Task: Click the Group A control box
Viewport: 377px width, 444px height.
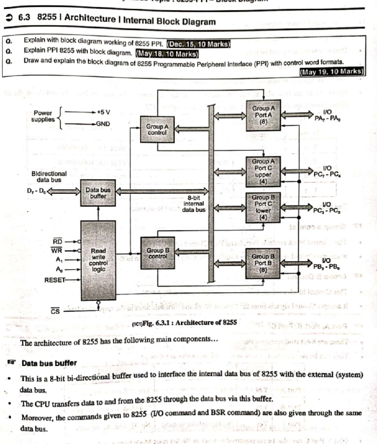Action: [x=157, y=129]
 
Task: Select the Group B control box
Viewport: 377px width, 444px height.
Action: [x=158, y=253]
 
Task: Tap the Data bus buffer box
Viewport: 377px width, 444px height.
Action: [x=98, y=193]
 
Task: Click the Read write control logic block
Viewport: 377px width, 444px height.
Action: [x=98, y=260]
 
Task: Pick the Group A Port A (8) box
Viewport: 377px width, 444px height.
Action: [x=263, y=115]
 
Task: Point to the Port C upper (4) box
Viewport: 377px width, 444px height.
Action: [x=263, y=171]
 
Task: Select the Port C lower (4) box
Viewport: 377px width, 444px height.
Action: [x=263, y=207]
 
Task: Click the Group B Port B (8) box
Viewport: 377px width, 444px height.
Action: [x=263, y=263]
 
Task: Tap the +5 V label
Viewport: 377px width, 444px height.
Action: [x=103, y=112]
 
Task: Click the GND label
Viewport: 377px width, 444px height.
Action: [x=103, y=124]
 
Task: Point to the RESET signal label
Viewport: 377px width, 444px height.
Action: [x=55, y=280]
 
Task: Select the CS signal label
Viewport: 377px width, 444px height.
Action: [x=55, y=311]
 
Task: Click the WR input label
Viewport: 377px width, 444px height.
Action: [x=57, y=251]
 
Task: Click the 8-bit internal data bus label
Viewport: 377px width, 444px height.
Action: [x=194, y=204]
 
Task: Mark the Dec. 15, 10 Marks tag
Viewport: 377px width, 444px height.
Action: [x=199, y=44]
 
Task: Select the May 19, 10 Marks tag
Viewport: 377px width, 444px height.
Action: [x=332, y=72]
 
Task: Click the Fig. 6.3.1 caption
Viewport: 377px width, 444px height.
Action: [x=185, y=322]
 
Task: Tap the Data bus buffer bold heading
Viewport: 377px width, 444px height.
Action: [x=49, y=363]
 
